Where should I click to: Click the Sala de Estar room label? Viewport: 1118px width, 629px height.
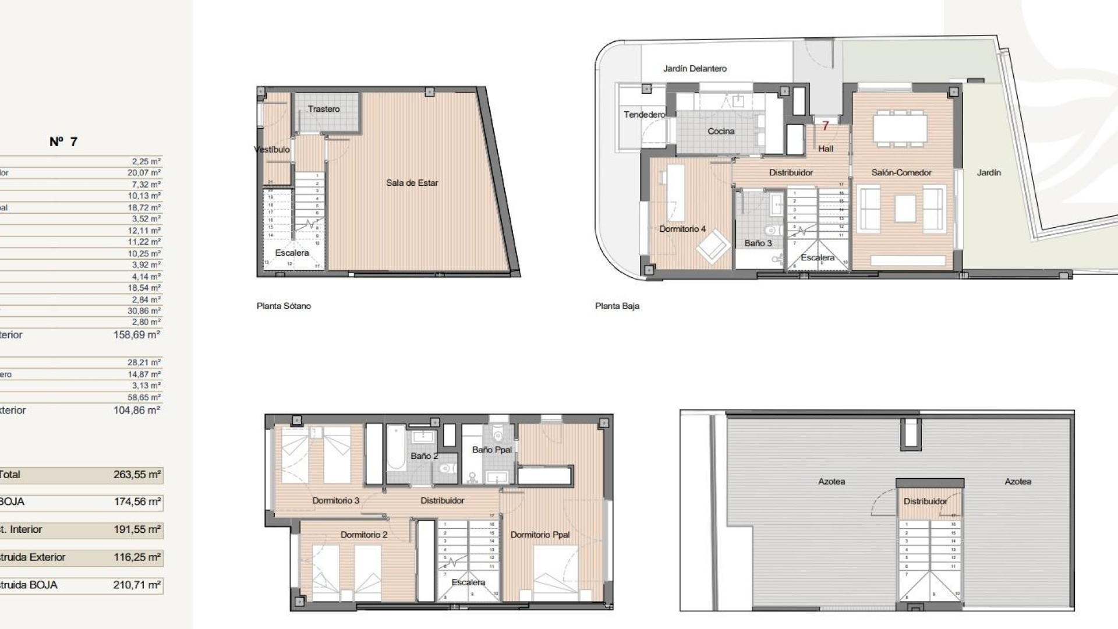click(412, 183)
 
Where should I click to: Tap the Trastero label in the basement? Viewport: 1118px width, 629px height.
click(324, 109)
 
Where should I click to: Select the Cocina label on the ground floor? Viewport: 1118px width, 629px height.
click(721, 132)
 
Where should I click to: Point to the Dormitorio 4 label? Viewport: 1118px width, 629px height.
click(682, 229)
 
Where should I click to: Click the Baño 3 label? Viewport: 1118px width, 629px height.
click(758, 243)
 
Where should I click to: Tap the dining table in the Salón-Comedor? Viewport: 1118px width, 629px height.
click(900, 128)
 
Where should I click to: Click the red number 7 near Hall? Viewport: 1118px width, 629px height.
click(825, 126)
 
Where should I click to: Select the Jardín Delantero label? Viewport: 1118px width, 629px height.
click(695, 69)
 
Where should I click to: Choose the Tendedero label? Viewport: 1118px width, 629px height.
click(644, 114)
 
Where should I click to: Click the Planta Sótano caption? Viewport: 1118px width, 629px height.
click(284, 306)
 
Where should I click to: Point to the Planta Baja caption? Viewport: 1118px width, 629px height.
click(617, 306)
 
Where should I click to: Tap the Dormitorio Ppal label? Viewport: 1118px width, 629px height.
click(540, 535)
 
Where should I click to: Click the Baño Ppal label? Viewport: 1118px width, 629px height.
click(492, 450)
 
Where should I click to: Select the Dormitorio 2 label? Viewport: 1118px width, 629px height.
click(364, 535)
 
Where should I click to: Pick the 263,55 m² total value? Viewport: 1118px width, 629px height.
click(137, 475)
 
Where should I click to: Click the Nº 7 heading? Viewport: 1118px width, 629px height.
click(63, 142)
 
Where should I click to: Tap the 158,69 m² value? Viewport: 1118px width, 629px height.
click(137, 335)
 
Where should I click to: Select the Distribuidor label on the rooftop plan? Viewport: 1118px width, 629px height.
click(925, 501)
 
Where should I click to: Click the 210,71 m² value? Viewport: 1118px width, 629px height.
click(137, 585)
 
